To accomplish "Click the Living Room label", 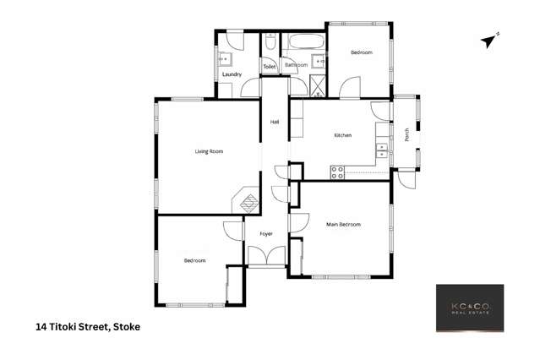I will coord(209,151).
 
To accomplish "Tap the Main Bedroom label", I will coord(344,224).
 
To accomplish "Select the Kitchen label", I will coord(342,135).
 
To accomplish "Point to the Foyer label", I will coord(266,233).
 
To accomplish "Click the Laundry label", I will coord(232,74).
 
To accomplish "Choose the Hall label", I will coord(275,123).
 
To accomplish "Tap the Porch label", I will coord(407,135).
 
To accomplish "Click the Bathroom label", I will coord(296,65).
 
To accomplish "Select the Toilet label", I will coord(269,66).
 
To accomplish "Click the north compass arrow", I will coord(489,39).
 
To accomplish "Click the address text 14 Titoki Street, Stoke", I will coord(88,326).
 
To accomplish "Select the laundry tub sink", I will coord(226,59).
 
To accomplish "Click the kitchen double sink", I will coord(382,151).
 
